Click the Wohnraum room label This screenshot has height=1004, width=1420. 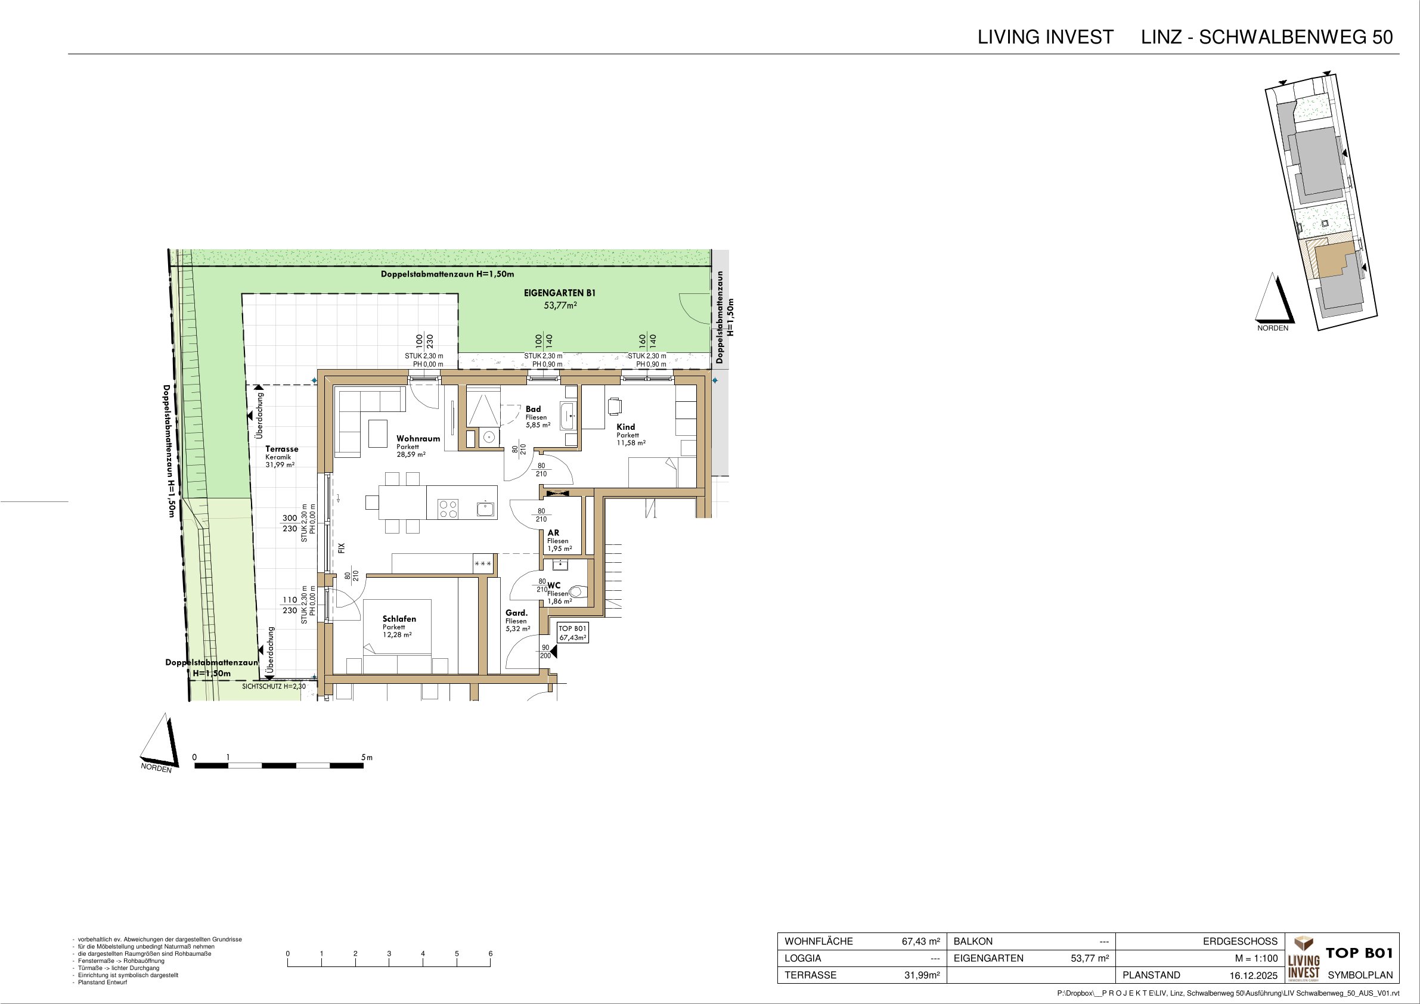coord(418,439)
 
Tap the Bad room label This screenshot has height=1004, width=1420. coord(533,409)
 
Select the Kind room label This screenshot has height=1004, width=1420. coord(625,427)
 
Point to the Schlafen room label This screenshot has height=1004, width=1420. coord(399,619)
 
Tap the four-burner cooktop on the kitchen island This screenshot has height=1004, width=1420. coord(448,509)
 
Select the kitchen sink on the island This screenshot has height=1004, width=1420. coord(485,509)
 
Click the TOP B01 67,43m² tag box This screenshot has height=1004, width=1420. coord(573,633)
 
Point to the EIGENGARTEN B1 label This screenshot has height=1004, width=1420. coord(559,294)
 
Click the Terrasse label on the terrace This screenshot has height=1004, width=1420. coord(281,449)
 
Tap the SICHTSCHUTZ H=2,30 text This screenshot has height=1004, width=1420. coord(274,686)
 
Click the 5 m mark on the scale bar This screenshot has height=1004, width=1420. coord(367,757)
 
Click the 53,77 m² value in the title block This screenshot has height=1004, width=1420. coord(1090,958)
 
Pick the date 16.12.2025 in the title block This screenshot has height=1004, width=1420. coord(1254,975)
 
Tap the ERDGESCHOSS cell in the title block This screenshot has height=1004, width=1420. coord(1240,941)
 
